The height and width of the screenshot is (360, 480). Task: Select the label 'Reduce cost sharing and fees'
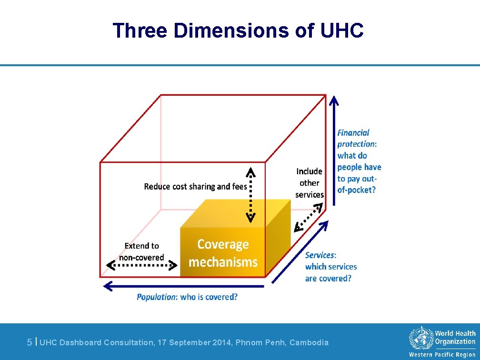point(195,186)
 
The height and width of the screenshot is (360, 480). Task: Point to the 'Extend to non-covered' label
point(141,252)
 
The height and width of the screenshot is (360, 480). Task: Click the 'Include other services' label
point(309,182)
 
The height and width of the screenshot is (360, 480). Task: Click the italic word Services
point(320,255)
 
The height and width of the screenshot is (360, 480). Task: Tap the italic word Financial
point(353,133)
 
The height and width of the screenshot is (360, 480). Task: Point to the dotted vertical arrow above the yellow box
point(250,195)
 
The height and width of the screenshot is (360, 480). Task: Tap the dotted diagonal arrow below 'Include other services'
point(309,217)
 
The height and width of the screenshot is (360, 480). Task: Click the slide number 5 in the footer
point(30,342)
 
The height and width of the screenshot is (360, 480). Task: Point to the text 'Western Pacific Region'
point(442,355)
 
